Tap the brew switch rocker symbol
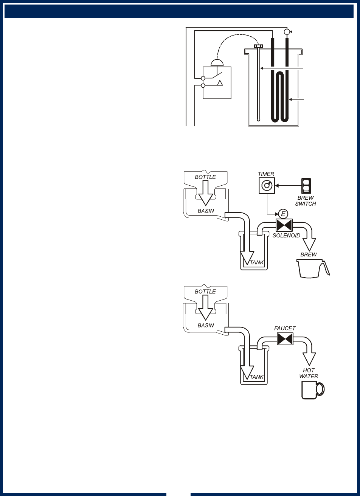[305, 186]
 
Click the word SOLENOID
[286, 236]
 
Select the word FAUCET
[285, 329]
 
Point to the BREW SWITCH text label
[305, 201]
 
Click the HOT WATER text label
[309, 373]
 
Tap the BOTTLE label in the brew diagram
[205, 177]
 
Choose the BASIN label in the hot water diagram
[205, 325]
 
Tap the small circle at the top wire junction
[287, 32]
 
